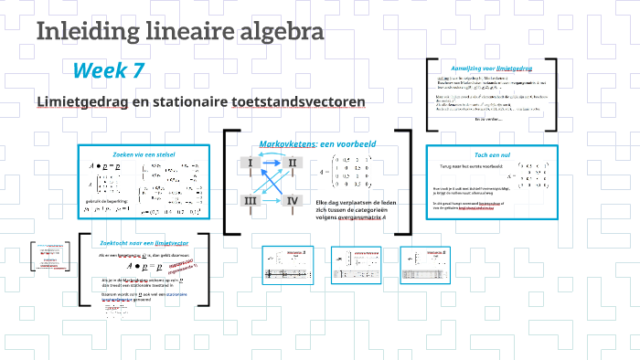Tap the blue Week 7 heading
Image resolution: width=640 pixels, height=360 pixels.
click(109, 70)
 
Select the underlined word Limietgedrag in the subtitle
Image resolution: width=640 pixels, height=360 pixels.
click(80, 101)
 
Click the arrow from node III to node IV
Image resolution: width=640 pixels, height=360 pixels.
click(272, 201)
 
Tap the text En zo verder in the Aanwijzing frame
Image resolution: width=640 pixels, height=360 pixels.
click(489, 120)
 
